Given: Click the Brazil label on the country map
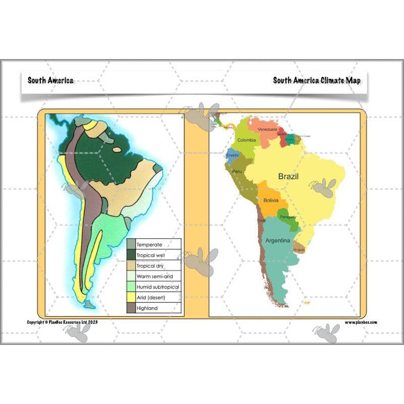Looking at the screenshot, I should pos(288,176).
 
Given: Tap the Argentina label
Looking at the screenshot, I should pos(278,240).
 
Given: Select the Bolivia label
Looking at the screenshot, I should pos(270,200).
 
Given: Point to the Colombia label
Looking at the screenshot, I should pos(246,140).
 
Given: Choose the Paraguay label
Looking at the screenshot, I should pos(288,217).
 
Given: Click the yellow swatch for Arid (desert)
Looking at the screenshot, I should pos(131,297).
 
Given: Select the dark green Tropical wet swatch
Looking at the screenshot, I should pos(131,255).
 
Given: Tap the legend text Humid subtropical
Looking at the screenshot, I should pos(158,287).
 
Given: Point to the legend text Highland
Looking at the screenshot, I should pos(147,308).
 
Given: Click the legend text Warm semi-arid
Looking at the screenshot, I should pos(155,276).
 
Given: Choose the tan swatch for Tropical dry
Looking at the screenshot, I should pos(131,266).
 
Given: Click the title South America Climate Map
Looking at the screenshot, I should pos(317,80).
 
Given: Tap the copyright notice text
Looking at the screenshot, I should pos(62,322).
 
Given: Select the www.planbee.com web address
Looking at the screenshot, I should pos(361,322).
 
